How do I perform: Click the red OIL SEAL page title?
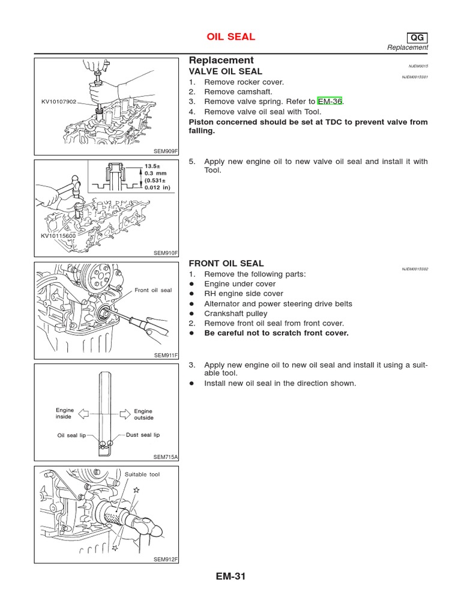(x=231, y=37)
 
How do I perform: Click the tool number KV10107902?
(x=59, y=102)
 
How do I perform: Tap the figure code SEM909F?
(x=167, y=151)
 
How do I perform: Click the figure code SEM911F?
(x=167, y=356)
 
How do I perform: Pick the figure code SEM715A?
(x=167, y=457)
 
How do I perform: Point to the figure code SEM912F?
(x=166, y=559)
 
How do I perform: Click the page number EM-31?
(x=230, y=577)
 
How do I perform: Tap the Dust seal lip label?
(x=143, y=434)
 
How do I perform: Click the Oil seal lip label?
(x=72, y=435)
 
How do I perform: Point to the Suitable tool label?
(x=142, y=474)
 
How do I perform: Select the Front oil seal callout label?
(x=152, y=290)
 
